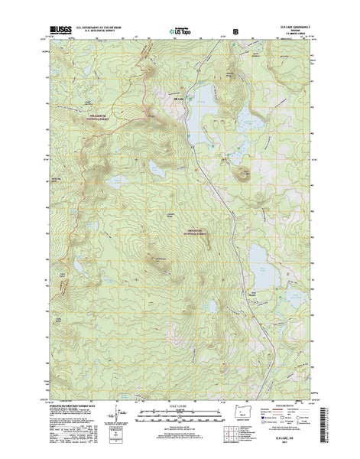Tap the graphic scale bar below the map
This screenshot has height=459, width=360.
click(180, 417)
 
